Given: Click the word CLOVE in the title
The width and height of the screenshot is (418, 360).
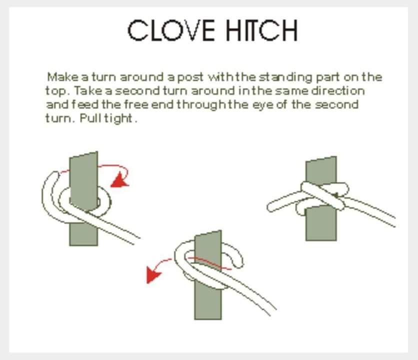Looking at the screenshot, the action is pyautogui.click(x=171, y=30).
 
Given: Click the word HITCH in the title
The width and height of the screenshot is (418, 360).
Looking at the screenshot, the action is pyautogui.click(x=262, y=30).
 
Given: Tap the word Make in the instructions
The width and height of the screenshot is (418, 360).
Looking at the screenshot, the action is pyautogui.click(x=63, y=77).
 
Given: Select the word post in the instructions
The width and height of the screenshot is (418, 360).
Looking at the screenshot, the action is pyautogui.click(x=190, y=77).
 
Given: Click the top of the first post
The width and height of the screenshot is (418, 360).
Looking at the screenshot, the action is pyautogui.click(x=83, y=154).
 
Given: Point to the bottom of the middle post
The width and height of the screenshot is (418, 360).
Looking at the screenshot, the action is pyautogui.click(x=208, y=317).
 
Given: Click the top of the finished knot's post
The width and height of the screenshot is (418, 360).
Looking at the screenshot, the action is pyautogui.click(x=321, y=159).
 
